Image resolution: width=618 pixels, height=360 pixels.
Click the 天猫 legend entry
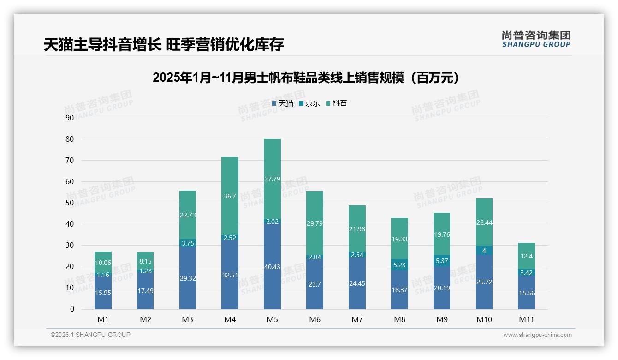click(x=283, y=103)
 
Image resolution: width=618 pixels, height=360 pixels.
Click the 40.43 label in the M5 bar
click(x=272, y=267)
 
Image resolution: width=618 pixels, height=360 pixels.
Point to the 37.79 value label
click(x=272, y=179)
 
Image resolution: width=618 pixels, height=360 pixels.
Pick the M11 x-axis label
click(x=526, y=319)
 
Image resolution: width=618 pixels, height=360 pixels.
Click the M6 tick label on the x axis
click(x=315, y=319)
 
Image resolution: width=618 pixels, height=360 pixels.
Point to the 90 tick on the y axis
click(x=70, y=118)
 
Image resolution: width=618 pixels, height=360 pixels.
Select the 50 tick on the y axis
click(x=70, y=203)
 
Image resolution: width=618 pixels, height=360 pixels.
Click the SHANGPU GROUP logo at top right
click(x=536, y=39)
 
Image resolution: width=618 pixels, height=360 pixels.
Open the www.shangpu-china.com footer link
click(x=537, y=335)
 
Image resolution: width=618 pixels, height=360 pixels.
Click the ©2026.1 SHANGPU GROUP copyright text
click(x=90, y=335)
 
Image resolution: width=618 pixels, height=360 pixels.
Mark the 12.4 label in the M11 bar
click(x=526, y=256)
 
